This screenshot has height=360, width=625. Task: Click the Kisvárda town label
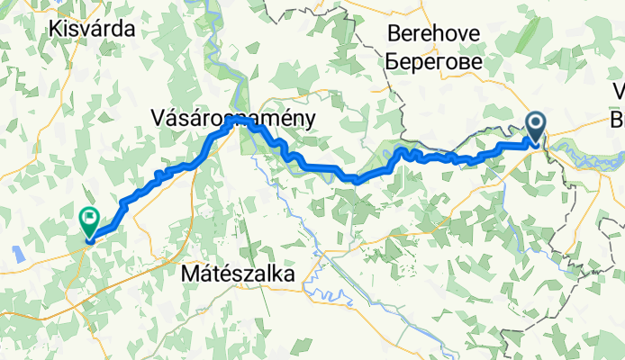(93, 29)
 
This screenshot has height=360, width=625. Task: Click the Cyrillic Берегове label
(433, 62)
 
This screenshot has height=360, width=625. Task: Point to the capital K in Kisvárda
(59, 29)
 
